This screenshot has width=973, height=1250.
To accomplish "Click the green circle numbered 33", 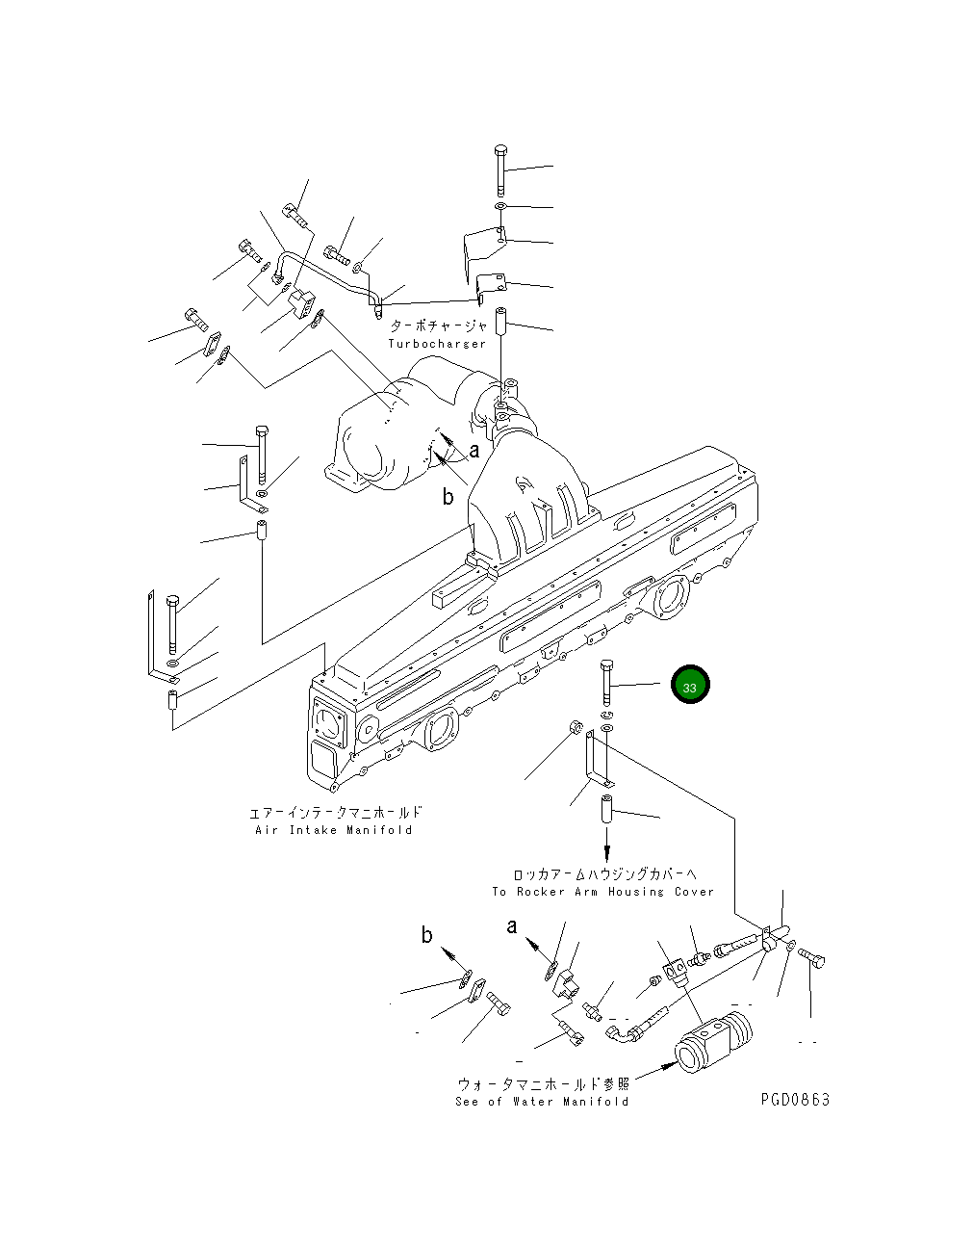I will pos(690,687).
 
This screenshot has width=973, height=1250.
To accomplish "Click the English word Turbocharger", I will pos(437,344).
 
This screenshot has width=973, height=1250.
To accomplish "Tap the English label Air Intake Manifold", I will pos(333,830).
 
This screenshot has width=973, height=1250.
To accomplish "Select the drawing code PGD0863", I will pos(794,1100).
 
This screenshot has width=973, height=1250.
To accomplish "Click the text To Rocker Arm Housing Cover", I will pos(602,892).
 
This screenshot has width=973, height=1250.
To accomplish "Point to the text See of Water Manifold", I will pos(542,1102).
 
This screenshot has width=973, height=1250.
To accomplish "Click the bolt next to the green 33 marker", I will pos(606,684).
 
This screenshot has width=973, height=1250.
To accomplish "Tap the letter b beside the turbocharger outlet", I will pos(448,497).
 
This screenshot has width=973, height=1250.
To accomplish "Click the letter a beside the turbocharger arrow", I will pos(474,450).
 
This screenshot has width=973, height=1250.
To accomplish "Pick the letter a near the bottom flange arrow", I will pos(512,926).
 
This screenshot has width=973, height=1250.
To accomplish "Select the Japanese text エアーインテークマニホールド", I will pos(334,814).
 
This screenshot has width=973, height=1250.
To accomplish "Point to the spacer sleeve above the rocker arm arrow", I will pos(607,808).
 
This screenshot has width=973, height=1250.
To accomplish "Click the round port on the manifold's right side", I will pos(671,596).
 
